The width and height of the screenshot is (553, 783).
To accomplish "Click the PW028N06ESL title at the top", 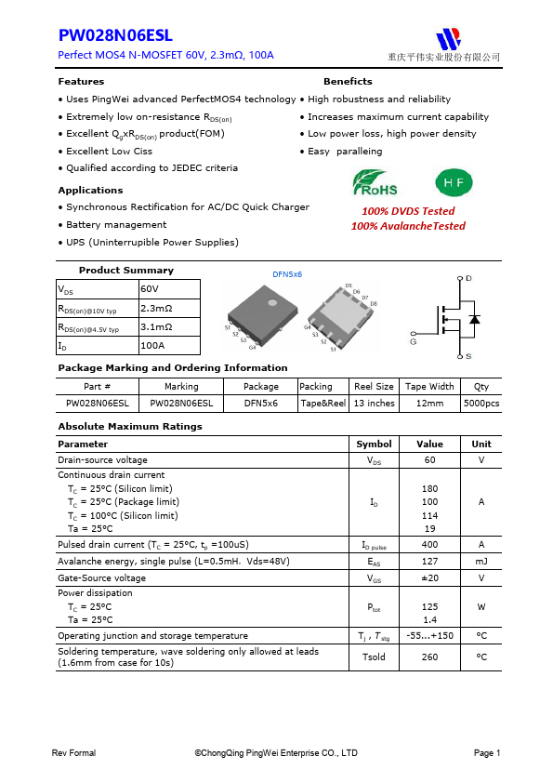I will pos(115,36).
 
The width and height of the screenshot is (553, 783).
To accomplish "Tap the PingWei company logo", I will pos(450,39).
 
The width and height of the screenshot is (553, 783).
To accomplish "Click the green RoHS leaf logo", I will pos(375,182).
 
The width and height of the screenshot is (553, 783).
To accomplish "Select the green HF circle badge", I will pos(454,182).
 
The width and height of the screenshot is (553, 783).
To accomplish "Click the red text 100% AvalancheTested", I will pos(408,226).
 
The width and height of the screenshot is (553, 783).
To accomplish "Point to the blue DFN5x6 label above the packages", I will pos(287,274).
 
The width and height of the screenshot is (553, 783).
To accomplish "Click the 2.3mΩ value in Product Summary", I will pos(156,308).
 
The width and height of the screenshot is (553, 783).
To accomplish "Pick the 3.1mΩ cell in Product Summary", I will pos(156,327).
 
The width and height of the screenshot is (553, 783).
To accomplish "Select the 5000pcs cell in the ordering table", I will pos(481,404).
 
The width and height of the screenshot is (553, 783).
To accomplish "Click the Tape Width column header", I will pos(429,387).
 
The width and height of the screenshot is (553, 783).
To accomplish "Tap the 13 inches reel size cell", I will pos(374,404).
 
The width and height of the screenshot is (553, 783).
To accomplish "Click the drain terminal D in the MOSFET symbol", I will pos(467,279).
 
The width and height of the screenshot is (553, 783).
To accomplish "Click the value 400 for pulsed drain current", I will pos(429,545).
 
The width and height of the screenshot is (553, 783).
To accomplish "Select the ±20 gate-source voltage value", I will pos(429,578).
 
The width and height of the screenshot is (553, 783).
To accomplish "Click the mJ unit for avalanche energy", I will pos(481,562).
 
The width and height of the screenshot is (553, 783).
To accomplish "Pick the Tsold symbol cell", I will pos(374,657).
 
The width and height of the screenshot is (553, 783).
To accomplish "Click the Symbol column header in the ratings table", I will pos(374,445).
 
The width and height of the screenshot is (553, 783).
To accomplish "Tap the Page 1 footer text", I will pos(487,753).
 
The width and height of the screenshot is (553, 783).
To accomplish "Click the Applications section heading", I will pos(90,191).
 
